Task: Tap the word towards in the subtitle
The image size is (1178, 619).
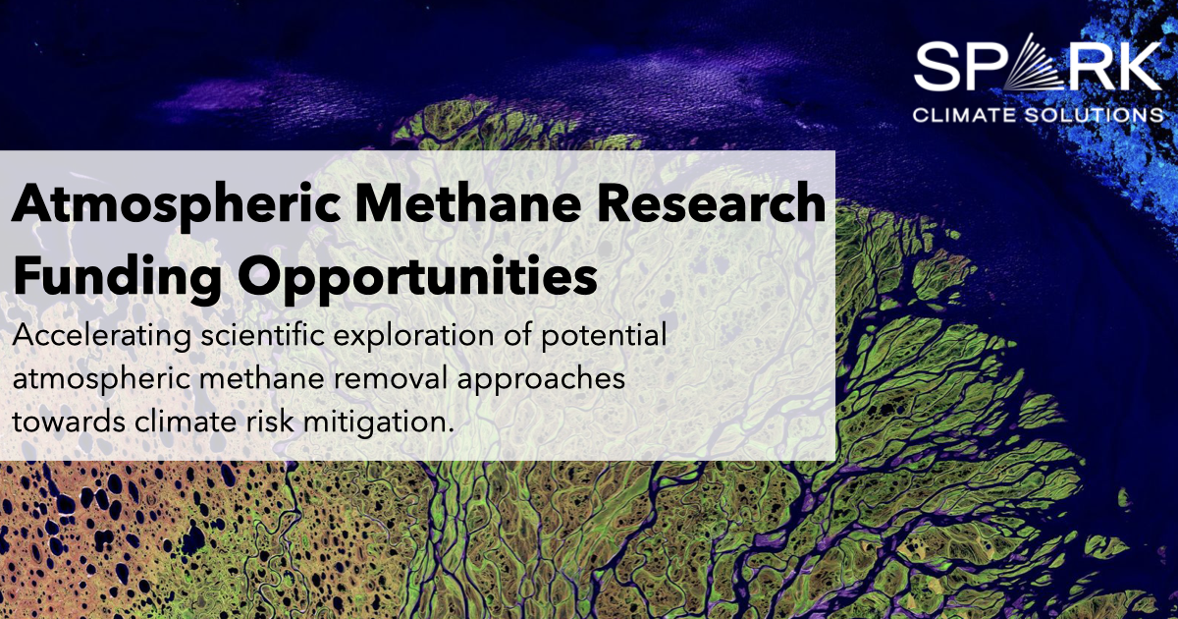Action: pos(62,422)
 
